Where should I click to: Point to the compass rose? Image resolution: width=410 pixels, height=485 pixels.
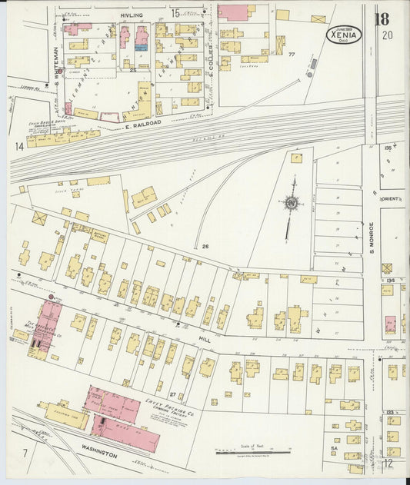click(292, 204)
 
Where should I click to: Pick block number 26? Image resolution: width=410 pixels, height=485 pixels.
click(205, 246)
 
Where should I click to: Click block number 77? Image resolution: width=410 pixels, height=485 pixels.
click(292, 55)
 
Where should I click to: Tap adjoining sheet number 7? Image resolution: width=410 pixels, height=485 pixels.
click(25, 453)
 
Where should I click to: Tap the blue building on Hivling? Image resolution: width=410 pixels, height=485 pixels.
click(141, 47)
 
